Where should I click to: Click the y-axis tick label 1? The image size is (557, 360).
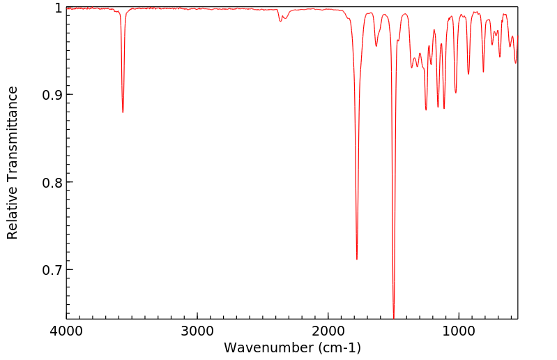[57, 8]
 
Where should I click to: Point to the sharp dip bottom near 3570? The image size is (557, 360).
[123, 112]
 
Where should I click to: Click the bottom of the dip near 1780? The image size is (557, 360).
[357, 259]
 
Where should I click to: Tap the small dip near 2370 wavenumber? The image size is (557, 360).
[280, 21]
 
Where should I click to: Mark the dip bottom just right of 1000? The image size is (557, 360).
[456, 93]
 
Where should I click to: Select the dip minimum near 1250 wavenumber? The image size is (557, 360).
[426, 110]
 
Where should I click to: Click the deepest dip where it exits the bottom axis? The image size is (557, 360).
[394, 317]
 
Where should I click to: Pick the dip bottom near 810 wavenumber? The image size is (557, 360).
[483, 72]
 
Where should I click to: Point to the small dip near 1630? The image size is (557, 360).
[376, 46]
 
